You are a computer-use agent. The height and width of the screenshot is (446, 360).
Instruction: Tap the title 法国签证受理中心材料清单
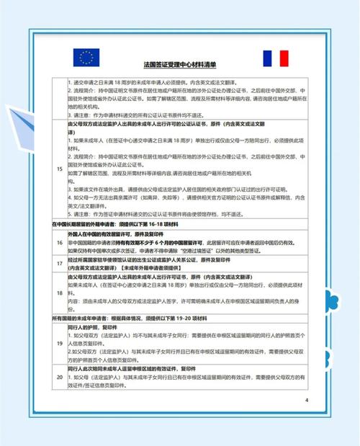[x=179, y=64]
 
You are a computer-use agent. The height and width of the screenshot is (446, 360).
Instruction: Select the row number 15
[x=59, y=169]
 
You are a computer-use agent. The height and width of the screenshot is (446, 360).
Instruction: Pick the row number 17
[x=59, y=263]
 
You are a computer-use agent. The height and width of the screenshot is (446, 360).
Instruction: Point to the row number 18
[x=59, y=294]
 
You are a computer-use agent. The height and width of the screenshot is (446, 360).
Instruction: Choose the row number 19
[x=59, y=344]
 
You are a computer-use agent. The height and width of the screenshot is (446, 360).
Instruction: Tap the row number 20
[x=59, y=376]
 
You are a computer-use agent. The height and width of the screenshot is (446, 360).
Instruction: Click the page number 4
[x=306, y=400]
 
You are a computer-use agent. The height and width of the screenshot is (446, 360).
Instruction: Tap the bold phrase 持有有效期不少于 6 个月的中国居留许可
[x=151, y=243]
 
